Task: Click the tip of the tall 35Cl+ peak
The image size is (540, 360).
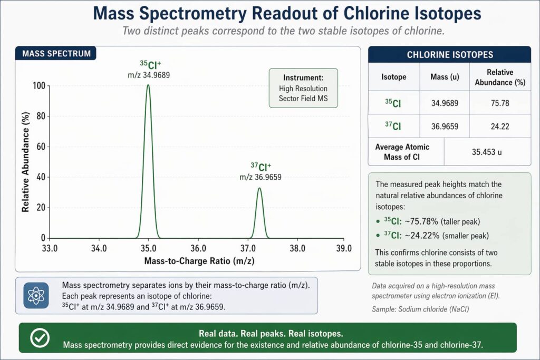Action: point(148,85)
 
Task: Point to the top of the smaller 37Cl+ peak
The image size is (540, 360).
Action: point(259,188)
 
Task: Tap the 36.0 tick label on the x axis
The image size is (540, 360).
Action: point(198,248)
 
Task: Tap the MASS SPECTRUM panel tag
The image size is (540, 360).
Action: point(56,53)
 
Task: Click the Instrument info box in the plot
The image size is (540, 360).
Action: point(303,88)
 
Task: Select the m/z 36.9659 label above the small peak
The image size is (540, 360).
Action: point(260,177)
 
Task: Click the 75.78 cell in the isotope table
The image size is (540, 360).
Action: point(499,103)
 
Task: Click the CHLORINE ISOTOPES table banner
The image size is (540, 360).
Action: point(449,54)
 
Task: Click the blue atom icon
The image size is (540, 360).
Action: point(36,295)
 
